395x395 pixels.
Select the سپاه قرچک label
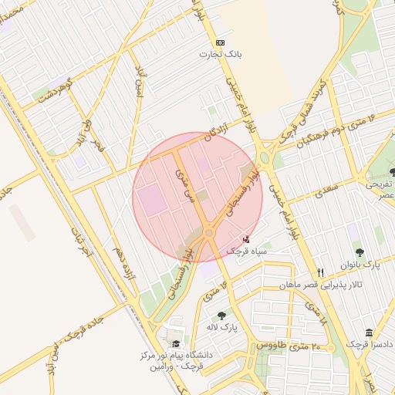[246, 251]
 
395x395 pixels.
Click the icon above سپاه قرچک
[246, 238]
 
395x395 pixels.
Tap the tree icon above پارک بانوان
[360, 252]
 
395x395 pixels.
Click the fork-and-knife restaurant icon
[321, 272]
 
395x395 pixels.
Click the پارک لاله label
[224, 327]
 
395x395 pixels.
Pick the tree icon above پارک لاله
[222, 315]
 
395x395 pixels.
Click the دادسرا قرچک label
[368, 344]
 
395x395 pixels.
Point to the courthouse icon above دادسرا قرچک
[370, 332]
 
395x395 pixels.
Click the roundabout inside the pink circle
[208, 232]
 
